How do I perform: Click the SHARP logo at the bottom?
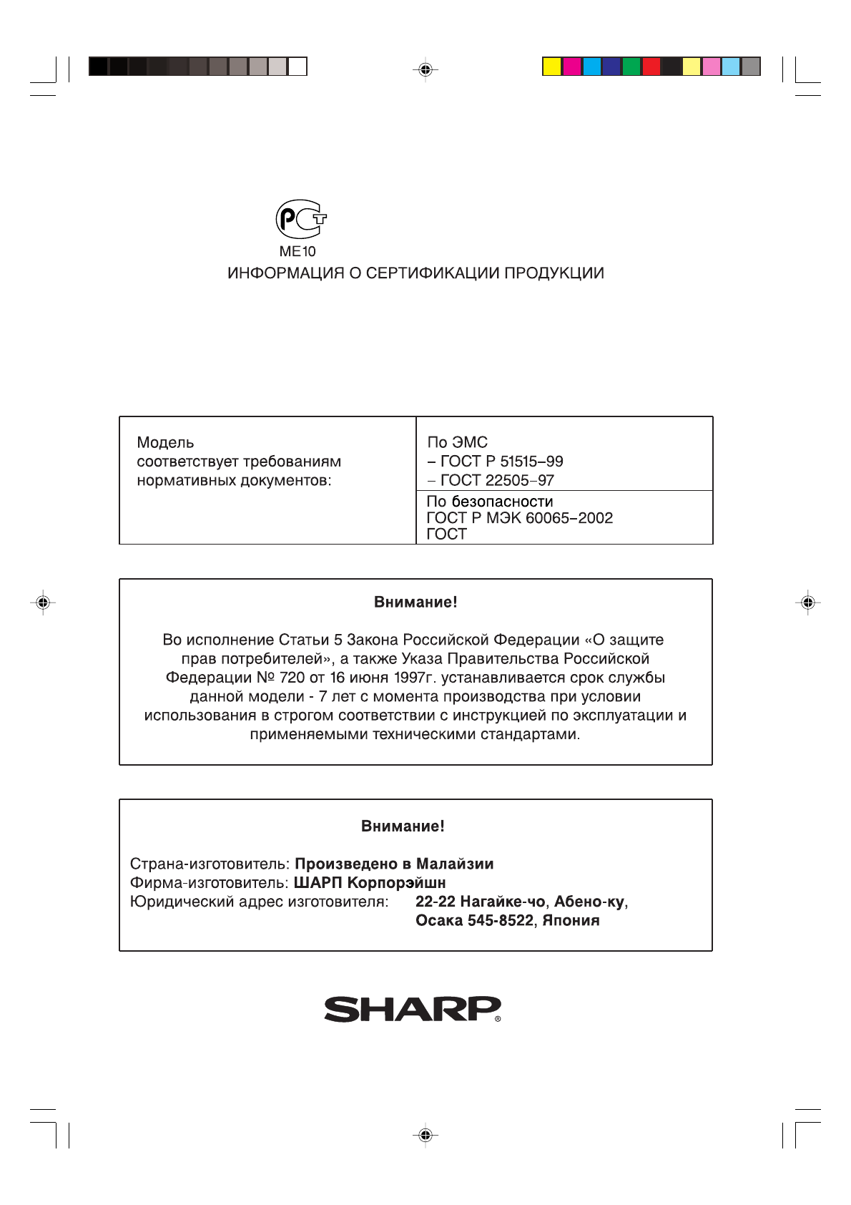(x=413, y=1009)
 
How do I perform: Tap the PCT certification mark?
(x=301, y=219)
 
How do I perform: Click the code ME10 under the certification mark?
(x=297, y=251)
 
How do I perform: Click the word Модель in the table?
(x=165, y=443)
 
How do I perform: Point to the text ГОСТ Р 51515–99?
(x=501, y=462)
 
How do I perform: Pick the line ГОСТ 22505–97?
(x=497, y=480)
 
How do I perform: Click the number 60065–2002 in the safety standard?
(x=569, y=518)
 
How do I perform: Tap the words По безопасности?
(x=490, y=502)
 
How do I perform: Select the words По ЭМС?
(x=458, y=443)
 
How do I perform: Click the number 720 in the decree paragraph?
(x=292, y=678)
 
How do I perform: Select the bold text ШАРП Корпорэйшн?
(x=370, y=883)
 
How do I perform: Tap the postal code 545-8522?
(x=501, y=921)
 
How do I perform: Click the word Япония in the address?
(x=571, y=921)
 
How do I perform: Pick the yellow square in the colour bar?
(x=551, y=67)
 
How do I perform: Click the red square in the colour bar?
(x=651, y=67)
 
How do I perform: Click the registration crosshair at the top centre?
(x=425, y=69)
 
